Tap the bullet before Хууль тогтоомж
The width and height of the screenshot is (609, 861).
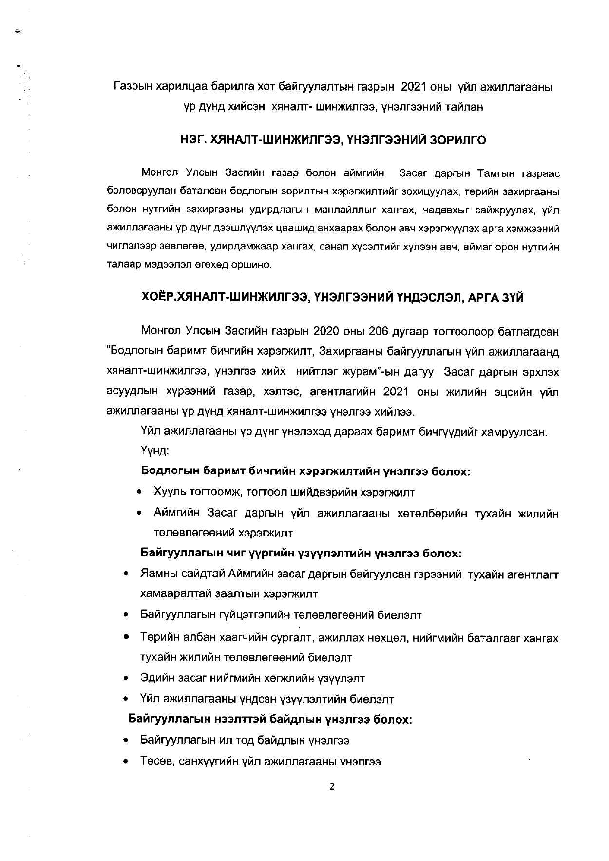tap(140, 492)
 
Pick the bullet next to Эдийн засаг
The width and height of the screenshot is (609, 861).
tap(126, 678)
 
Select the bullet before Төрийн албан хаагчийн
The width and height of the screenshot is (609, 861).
tap(126, 637)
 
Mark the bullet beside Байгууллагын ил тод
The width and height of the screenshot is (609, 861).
tap(126, 741)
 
